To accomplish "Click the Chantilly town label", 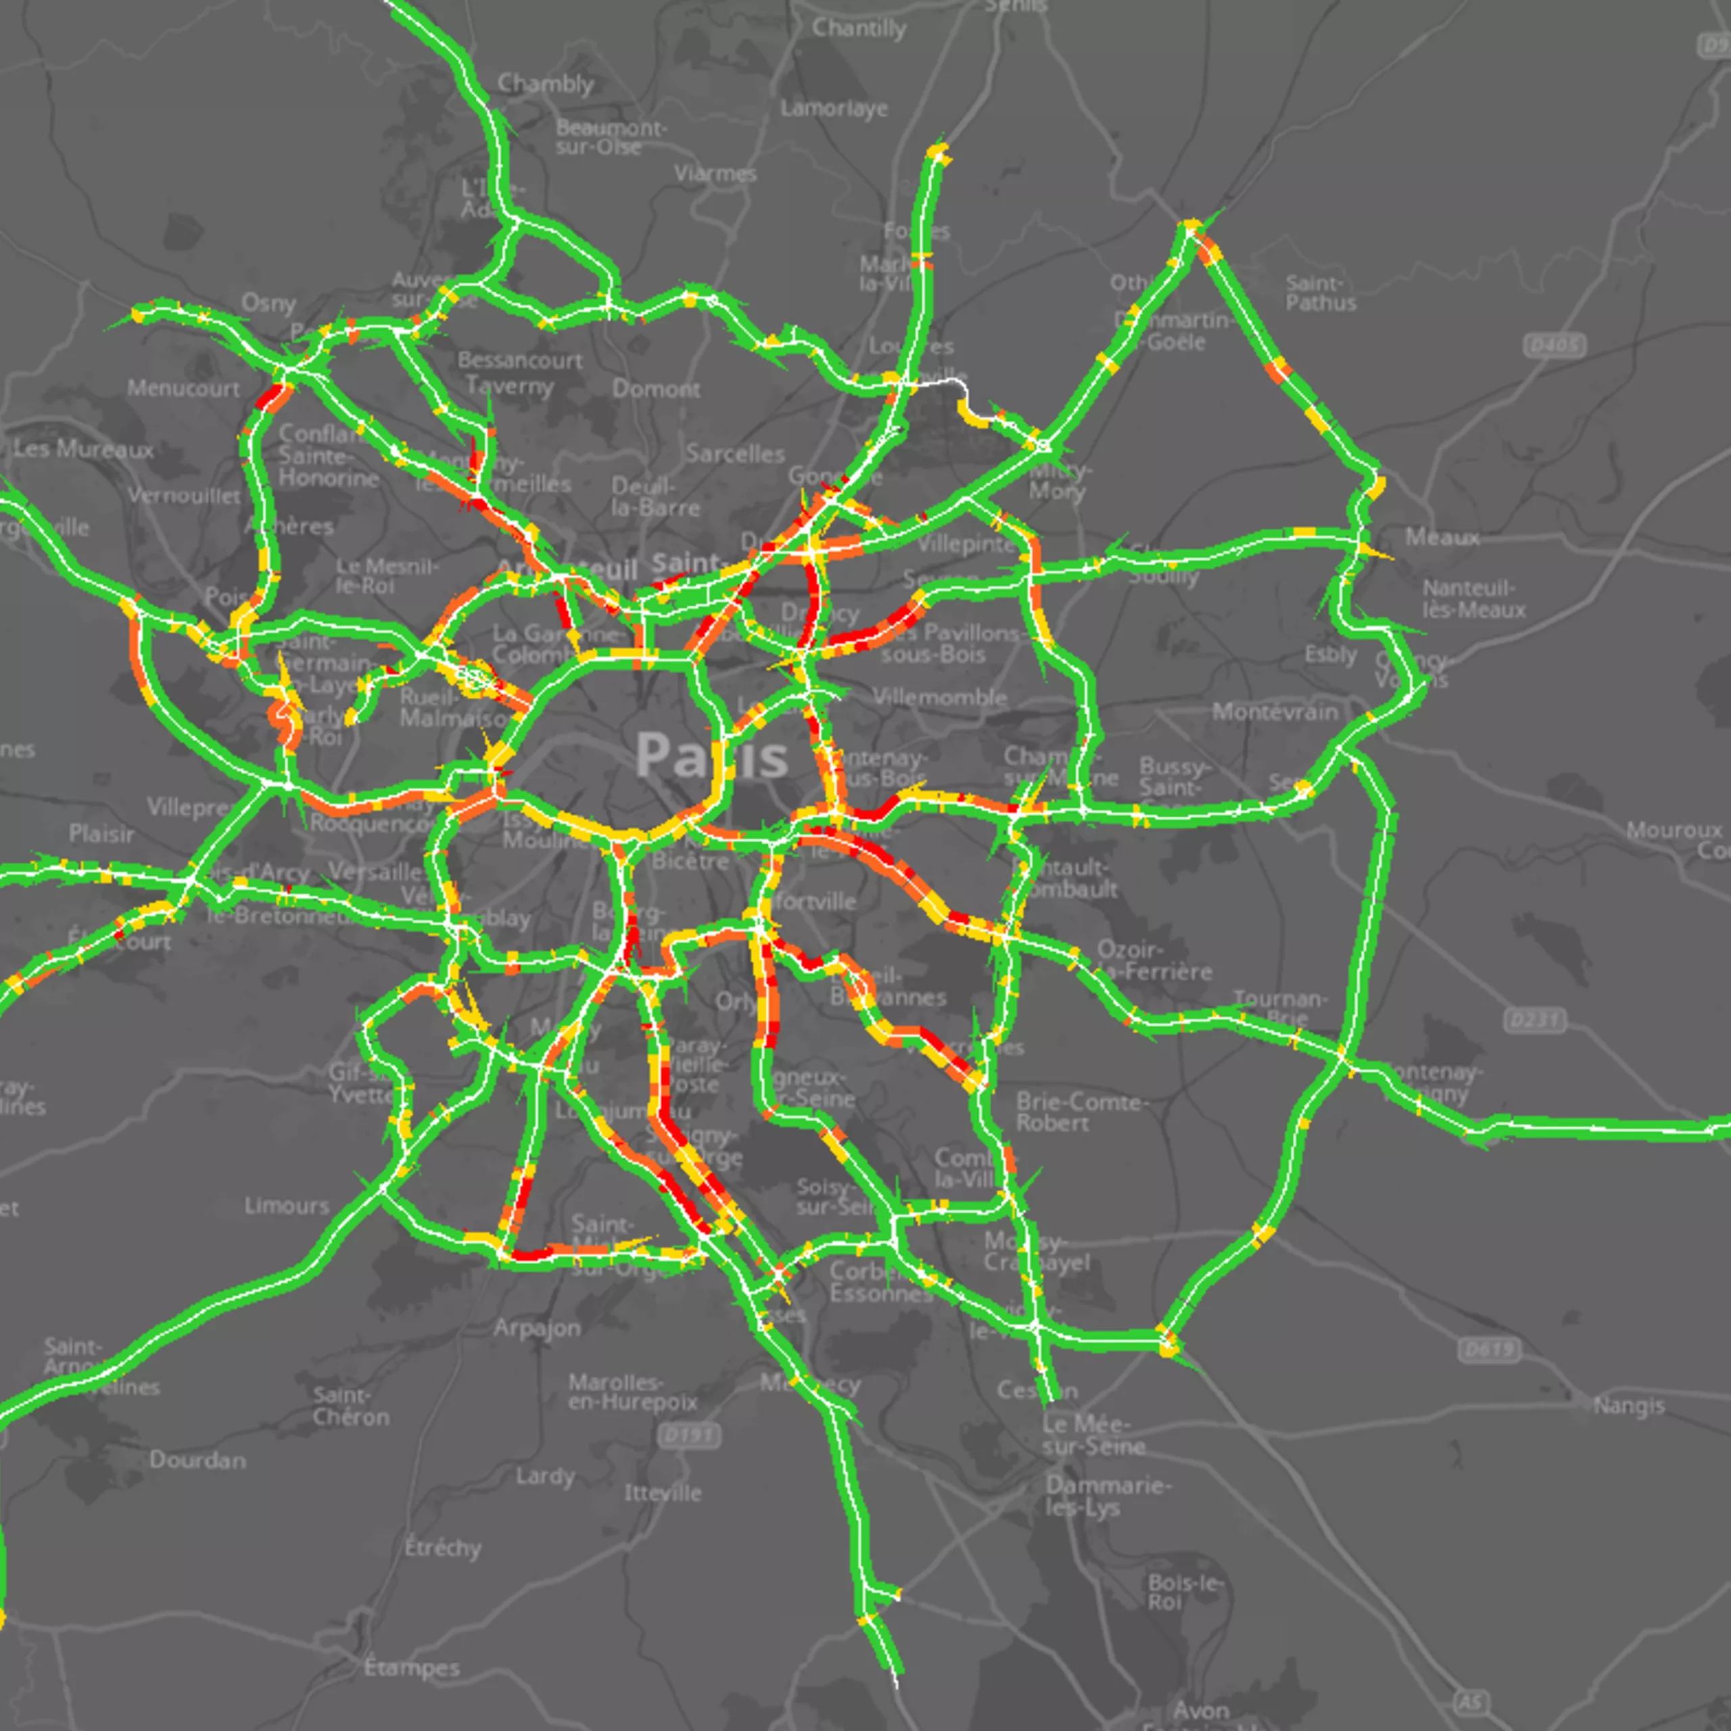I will coord(858,28).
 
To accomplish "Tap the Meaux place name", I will coord(1442,537).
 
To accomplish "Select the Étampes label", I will coord(411,1667).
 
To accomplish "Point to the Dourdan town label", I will coord(197,1461).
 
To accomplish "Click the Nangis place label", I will coord(1628,1406).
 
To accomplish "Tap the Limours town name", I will coord(287,1206).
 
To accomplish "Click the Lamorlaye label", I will coord(833,108).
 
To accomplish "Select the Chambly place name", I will coord(546,85).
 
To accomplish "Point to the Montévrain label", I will coord(1275,712).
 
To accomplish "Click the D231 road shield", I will coord(1535,1020).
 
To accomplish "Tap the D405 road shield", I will coord(1555,344).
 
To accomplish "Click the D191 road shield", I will coord(690,1436).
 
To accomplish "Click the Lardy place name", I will coord(545,1475).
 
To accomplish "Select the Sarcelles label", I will coord(735,454).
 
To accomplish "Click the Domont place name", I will coord(656,389).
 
